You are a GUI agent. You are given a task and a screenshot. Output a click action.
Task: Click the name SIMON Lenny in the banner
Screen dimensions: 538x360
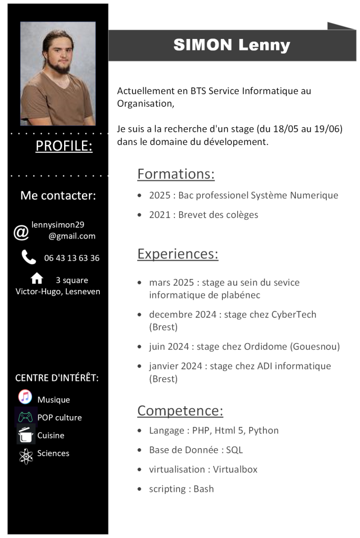pos(232,45)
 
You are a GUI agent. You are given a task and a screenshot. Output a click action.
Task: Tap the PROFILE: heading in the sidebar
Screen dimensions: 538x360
pos(64,146)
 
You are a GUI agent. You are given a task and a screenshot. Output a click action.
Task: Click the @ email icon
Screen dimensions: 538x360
pos(21,232)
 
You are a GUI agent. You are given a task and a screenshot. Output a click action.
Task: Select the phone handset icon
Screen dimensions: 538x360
pos(28,257)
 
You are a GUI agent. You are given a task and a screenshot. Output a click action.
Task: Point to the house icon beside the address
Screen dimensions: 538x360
pos(37,278)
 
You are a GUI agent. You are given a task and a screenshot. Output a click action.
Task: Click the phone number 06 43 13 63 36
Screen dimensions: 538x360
pos(71,258)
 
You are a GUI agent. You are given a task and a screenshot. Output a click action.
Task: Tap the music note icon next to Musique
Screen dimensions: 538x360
pos(25,397)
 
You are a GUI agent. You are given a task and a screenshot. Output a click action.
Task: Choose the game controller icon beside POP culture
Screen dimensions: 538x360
pos(25,417)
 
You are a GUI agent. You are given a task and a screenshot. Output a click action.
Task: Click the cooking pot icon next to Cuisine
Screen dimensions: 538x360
pos(25,435)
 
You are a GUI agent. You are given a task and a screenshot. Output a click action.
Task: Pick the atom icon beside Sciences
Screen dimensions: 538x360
pos(25,456)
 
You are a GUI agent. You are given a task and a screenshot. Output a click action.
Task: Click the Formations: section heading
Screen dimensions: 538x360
pos(176,174)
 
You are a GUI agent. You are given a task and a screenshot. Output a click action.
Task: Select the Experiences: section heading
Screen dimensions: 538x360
pos(178,254)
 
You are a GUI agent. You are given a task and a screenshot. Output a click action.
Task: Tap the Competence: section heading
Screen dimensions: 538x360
pos(180,410)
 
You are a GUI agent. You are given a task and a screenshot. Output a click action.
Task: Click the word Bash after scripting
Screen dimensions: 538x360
pos(203,489)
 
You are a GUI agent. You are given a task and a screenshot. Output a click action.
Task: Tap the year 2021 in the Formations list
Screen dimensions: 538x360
pos(160,215)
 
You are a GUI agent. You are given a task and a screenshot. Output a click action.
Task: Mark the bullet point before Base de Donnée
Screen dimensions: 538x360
pos(139,450)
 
